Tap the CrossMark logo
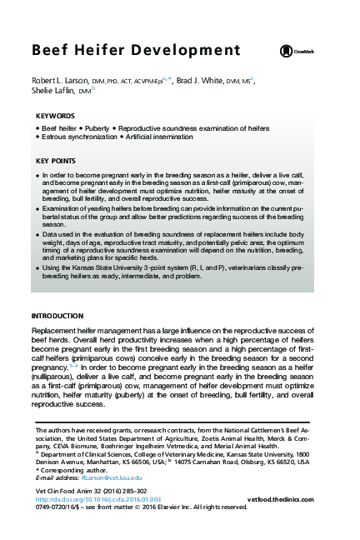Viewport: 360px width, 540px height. coord(298,52)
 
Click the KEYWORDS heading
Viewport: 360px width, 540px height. coord(55,117)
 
